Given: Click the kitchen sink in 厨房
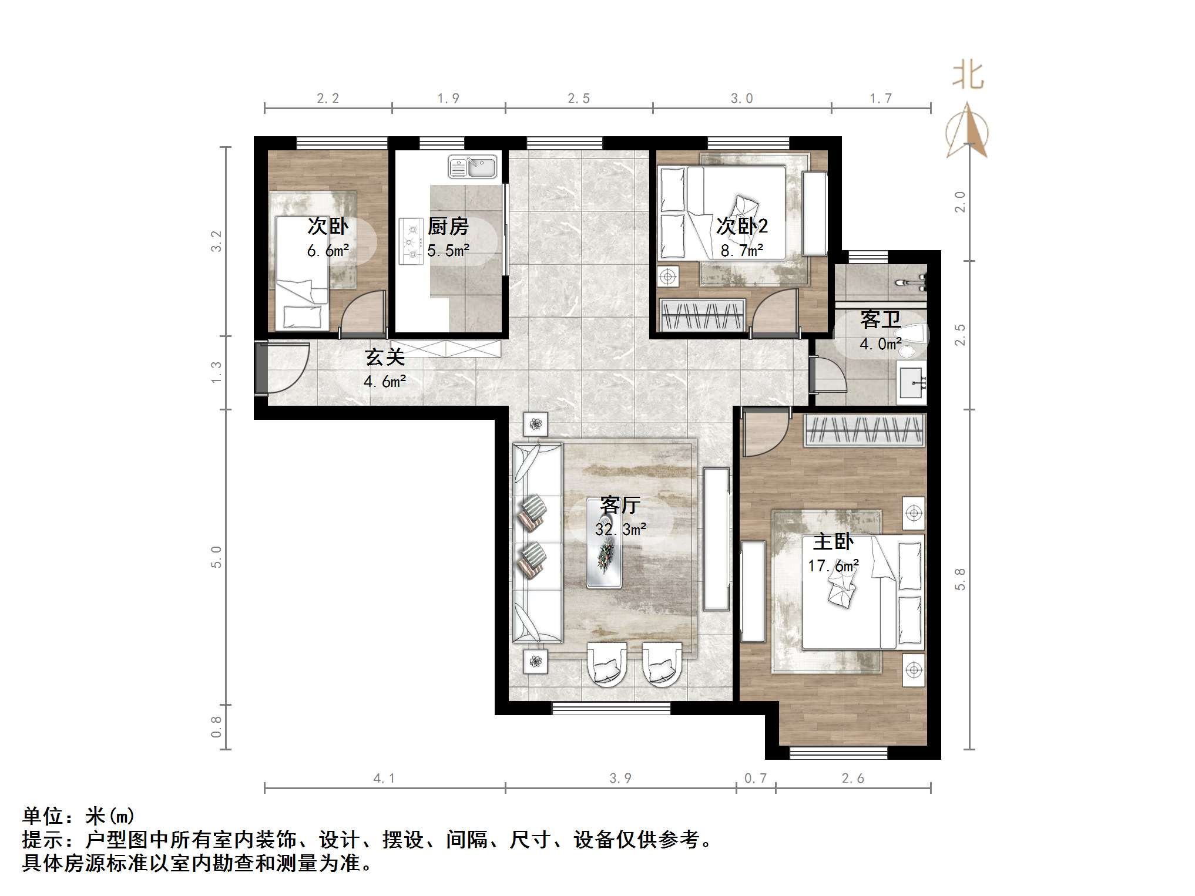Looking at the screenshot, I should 472,166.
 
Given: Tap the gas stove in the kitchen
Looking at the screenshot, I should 411,241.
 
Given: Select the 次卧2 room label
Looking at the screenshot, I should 741,227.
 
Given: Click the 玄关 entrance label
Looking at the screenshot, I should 385,357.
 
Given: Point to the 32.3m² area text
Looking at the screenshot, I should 620,530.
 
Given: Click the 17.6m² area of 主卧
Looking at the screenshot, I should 833,566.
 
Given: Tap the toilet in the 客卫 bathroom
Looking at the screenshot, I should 914,338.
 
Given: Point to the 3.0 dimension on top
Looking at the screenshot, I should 741,99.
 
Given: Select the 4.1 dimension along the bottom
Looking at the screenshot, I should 384,779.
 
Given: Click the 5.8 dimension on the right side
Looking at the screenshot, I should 960,579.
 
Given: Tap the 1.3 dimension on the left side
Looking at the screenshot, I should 217,372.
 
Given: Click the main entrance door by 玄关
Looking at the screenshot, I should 261,368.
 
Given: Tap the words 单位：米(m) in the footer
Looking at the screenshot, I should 79,816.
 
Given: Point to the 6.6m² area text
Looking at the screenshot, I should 328,251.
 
